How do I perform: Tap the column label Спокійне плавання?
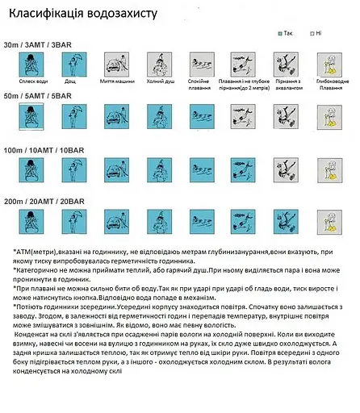203,86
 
